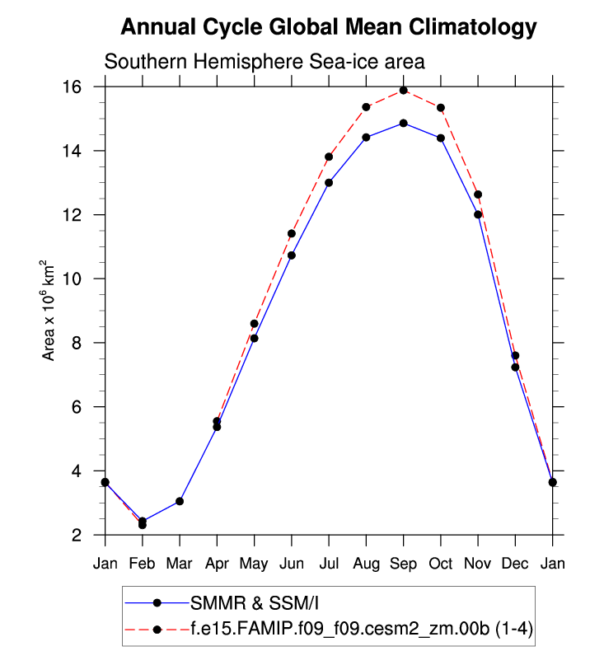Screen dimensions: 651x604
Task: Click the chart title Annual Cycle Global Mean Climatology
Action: click(329, 28)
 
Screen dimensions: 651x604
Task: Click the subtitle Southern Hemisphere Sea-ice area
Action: click(264, 62)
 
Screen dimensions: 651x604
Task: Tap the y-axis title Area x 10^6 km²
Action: click(49, 311)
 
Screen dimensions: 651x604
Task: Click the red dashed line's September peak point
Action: click(404, 90)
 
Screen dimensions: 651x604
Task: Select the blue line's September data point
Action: click(404, 123)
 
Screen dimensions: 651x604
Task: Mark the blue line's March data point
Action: click(180, 501)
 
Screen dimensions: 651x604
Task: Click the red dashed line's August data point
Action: click(366, 107)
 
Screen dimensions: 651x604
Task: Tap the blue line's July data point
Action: click(329, 182)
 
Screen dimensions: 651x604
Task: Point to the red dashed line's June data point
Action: click(291, 233)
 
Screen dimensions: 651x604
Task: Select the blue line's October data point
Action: click(441, 138)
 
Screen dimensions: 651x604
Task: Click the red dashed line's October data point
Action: click(441, 107)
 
